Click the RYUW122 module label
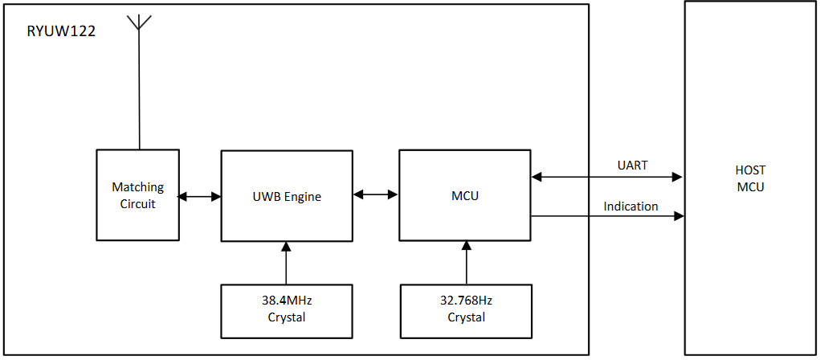[62, 31]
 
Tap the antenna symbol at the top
[140, 22]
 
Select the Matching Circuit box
[137, 195]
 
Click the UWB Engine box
[286, 195]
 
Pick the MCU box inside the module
[464, 195]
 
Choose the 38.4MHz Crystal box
[286, 309]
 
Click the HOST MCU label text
[750, 178]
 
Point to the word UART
[632, 166]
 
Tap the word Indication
[631, 207]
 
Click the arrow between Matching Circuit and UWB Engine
[200, 196]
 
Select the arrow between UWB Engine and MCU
[376, 194]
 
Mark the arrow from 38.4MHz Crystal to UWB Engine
[286, 263]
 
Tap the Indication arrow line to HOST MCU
[606, 216]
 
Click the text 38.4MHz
[287, 301]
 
